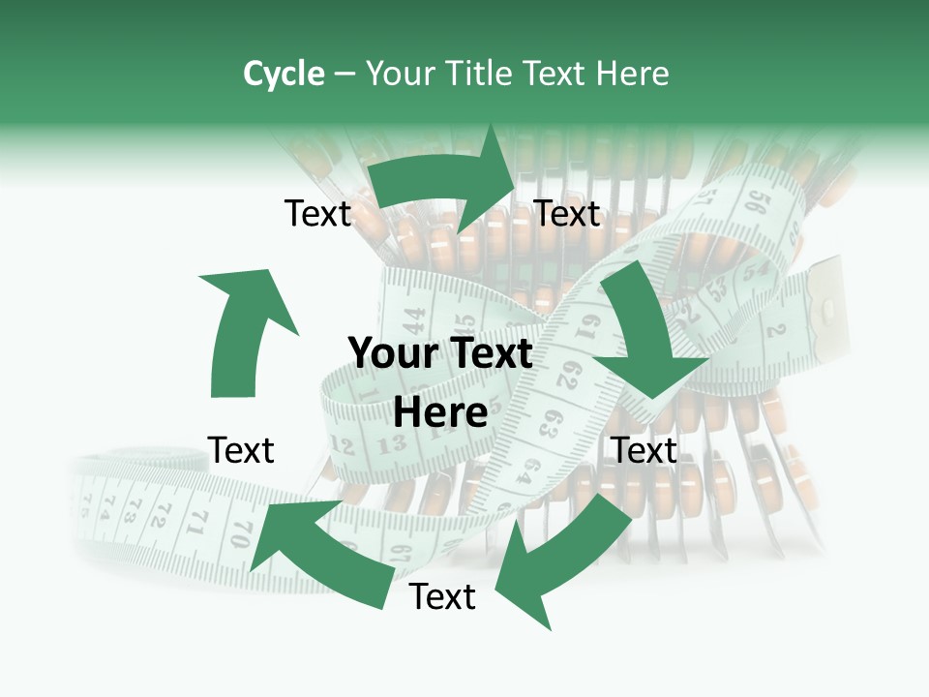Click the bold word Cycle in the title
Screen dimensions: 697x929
pyautogui.click(x=284, y=74)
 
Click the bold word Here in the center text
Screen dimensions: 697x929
pyautogui.click(x=440, y=413)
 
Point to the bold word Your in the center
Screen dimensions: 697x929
pyautogui.click(x=392, y=354)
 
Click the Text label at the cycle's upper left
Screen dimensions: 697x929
pyautogui.click(x=317, y=214)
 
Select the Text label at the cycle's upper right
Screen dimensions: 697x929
pyautogui.click(x=567, y=214)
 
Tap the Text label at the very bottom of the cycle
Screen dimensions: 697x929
pyautogui.click(x=442, y=597)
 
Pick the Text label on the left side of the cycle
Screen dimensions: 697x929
pyautogui.click(x=241, y=450)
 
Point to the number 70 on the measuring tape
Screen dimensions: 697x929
pyautogui.click(x=239, y=531)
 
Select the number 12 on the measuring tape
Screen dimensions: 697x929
pyautogui.click(x=342, y=446)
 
